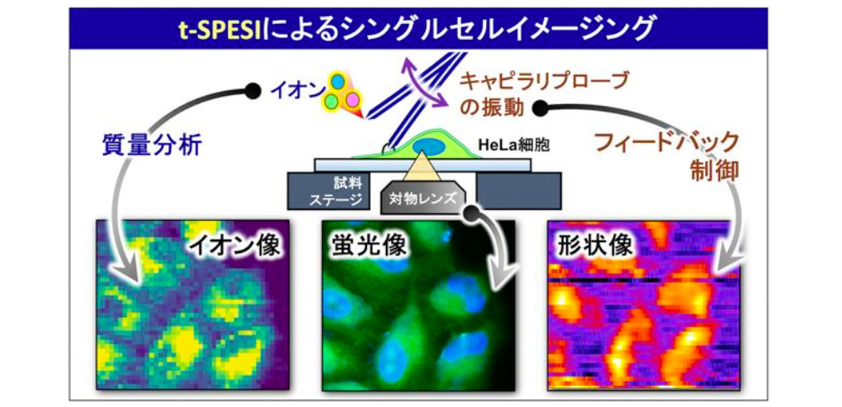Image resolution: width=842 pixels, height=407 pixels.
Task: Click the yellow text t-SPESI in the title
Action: coord(220,29)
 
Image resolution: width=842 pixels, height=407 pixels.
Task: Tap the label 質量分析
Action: coord(152,145)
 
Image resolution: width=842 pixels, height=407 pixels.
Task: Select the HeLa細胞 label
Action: coord(514,145)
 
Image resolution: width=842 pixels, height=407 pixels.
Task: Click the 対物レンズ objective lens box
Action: coord(423,198)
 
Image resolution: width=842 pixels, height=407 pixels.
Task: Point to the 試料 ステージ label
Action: coord(336,191)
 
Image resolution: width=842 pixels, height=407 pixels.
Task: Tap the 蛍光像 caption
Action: coord(369,246)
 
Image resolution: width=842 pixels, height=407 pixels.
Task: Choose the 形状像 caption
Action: coord(595,246)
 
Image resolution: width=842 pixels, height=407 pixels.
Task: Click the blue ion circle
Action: coord(338,81)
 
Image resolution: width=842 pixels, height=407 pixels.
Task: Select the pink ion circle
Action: coord(352,100)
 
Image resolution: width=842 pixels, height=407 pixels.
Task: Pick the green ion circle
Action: coord(331,100)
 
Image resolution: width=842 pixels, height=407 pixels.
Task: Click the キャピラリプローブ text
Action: coord(544,82)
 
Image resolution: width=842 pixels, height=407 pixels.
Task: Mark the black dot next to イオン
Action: coord(253,91)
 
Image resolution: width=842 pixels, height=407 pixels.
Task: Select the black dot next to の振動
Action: coord(541,108)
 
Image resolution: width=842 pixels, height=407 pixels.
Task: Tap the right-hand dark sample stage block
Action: coord(519,191)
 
